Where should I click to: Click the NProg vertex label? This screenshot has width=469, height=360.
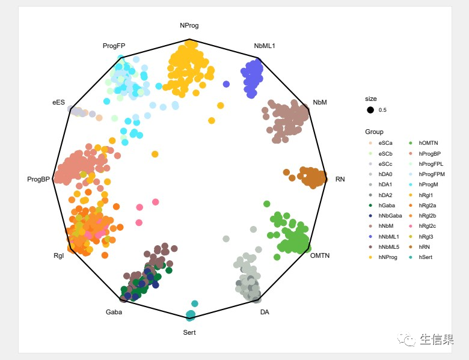(x=189, y=26)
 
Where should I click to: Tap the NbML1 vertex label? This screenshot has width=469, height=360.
(x=265, y=46)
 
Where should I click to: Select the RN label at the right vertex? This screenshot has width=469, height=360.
(x=340, y=179)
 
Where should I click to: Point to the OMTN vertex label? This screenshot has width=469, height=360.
(x=320, y=255)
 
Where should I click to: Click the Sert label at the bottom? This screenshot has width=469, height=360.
(x=189, y=332)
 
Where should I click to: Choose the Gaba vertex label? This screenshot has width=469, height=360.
(x=114, y=313)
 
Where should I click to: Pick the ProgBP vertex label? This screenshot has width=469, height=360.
(x=38, y=179)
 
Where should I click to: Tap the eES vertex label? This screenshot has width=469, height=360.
(x=58, y=103)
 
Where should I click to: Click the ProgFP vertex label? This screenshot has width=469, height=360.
(x=114, y=46)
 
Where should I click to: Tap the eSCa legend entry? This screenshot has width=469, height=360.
(x=385, y=143)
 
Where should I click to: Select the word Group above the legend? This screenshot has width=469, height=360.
(x=374, y=132)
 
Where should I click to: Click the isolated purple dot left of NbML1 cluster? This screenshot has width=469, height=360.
(x=226, y=84)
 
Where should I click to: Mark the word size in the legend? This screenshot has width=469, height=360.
(x=371, y=99)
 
